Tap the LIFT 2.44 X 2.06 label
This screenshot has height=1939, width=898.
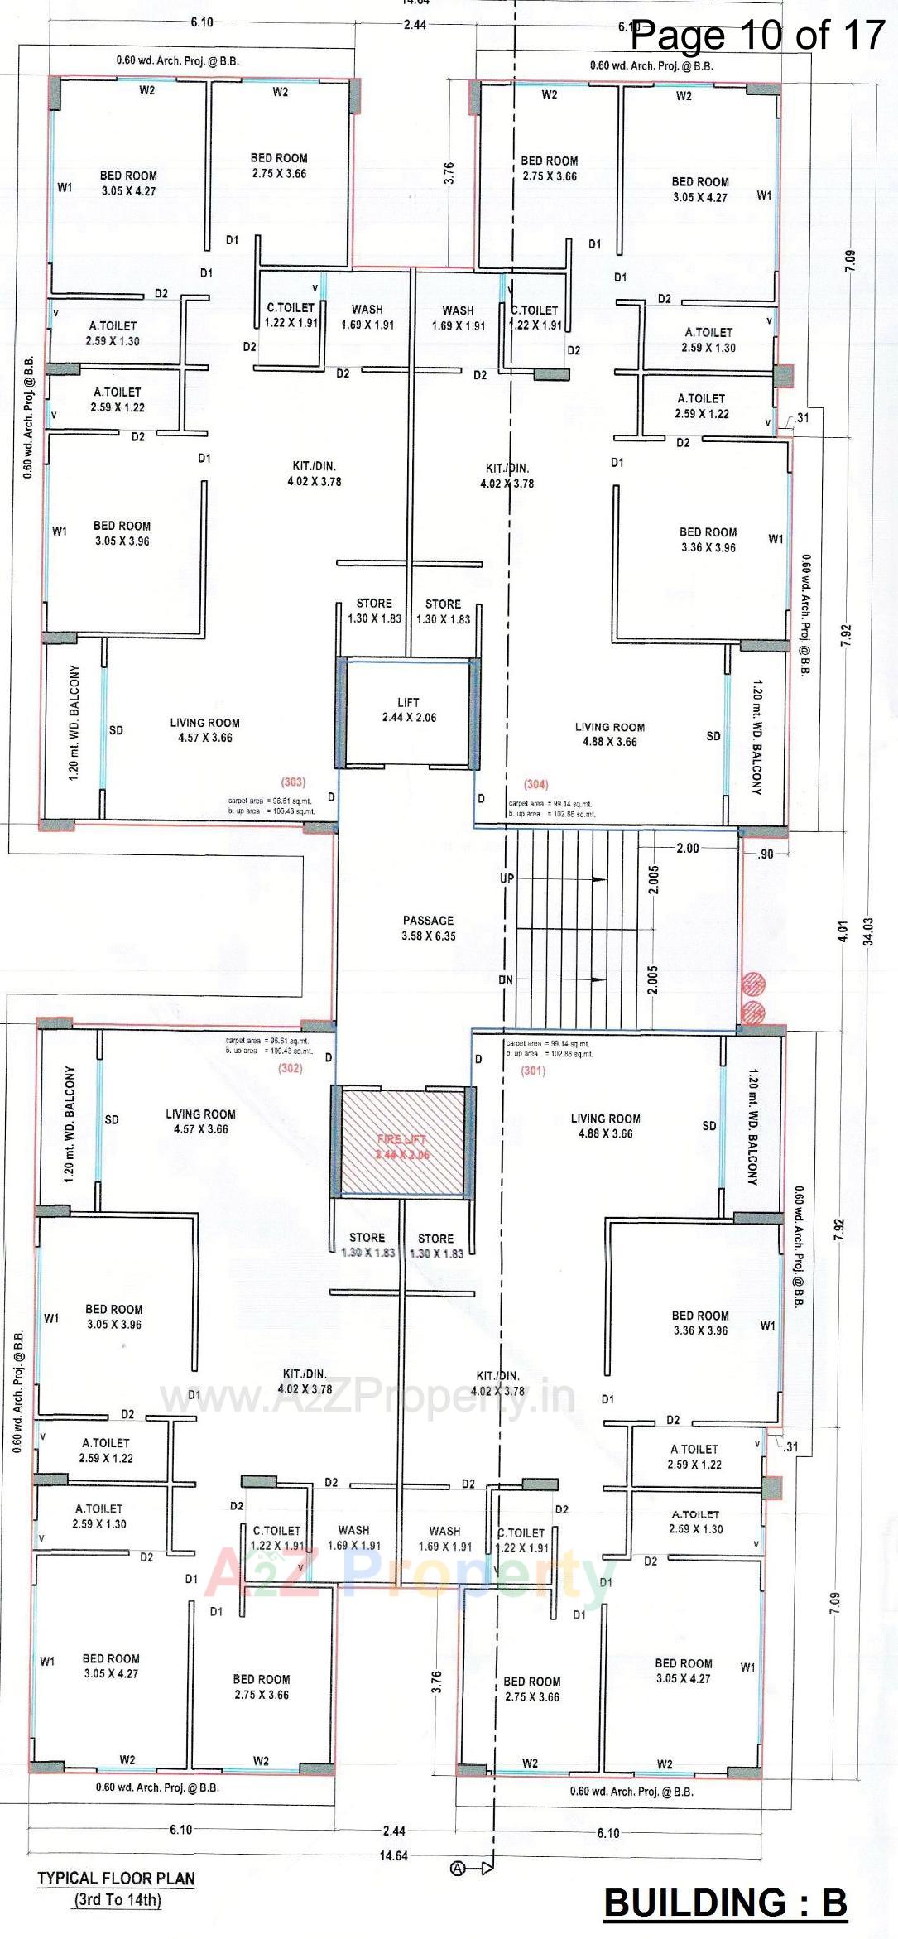408,710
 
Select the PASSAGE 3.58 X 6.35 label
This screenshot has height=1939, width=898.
429,927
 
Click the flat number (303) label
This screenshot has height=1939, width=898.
292,782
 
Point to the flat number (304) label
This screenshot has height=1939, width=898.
536,783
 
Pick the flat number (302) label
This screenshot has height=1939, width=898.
290,1068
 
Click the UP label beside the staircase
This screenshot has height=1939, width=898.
507,878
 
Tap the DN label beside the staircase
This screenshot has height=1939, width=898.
506,980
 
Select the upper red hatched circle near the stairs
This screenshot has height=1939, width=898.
753,984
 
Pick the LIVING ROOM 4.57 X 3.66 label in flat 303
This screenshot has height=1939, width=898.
204,729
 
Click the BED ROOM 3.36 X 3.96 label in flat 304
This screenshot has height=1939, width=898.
708,539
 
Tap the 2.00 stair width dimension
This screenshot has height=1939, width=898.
687,848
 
